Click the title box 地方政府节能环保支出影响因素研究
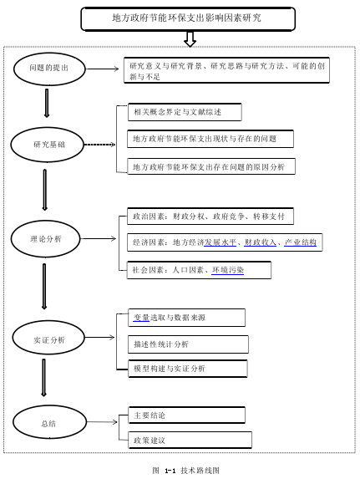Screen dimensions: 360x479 (188, 18)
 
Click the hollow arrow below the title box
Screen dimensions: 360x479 (190, 38)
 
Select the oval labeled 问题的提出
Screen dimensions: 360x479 (49, 69)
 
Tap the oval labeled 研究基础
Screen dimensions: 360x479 (48, 145)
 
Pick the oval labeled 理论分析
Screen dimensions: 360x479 (45, 238)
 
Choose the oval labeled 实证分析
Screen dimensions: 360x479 (48, 337)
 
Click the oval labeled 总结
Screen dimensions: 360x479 (49, 422)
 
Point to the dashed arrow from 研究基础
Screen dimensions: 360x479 (99, 145)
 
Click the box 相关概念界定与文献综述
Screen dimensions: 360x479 (185, 112)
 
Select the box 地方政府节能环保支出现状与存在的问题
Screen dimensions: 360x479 (210, 139)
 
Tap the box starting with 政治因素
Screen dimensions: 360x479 (210, 217)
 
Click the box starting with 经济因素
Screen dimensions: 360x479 (225, 242)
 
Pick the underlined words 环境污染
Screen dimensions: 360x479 (228, 270)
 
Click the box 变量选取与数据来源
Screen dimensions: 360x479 (186, 318)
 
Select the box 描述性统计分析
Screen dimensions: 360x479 (188, 344)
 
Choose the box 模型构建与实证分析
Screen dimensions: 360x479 (188, 369)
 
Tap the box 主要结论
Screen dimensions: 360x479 (187, 415)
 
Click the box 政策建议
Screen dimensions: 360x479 (190, 440)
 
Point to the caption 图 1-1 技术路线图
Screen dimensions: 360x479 (186, 470)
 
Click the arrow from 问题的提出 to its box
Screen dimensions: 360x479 (102, 69)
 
